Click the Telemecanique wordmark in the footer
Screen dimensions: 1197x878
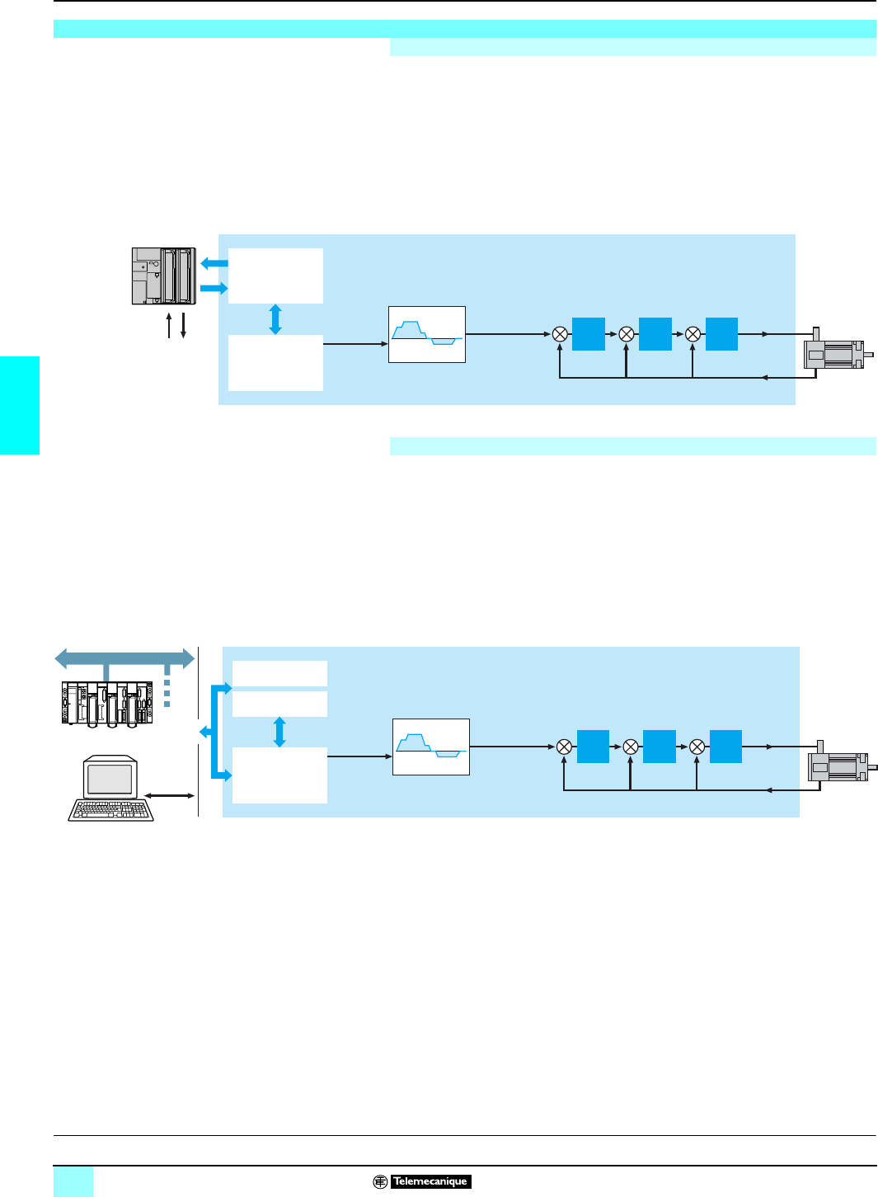click(x=430, y=1181)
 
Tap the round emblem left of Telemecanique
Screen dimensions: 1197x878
click(x=380, y=1181)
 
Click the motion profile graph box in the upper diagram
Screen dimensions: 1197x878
click(x=427, y=334)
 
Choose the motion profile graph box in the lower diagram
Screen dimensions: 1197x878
click(x=431, y=747)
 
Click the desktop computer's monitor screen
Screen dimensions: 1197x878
click(x=110, y=779)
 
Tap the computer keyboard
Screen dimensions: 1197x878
click(x=110, y=810)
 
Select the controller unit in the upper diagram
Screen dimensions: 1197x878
click(x=164, y=276)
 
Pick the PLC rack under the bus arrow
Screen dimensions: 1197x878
click(x=107, y=704)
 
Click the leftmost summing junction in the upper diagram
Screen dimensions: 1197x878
click(x=560, y=334)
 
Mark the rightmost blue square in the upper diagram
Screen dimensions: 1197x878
click(x=721, y=334)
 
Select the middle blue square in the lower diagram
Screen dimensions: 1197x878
click(x=660, y=747)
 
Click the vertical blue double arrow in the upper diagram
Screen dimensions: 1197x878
click(x=275, y=319)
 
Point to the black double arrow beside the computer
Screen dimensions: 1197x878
click(x=169, y=796)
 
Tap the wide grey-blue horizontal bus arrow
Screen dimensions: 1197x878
click(x=124, y=657)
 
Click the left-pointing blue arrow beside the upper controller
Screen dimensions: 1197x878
click(x=214, y=263)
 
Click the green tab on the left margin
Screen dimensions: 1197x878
click(x=20, y=405)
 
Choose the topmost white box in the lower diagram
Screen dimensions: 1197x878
click(x=279, y=673)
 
